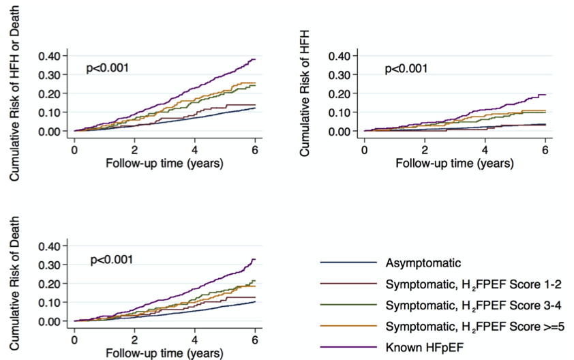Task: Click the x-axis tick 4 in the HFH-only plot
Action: pyautogui.click(x=485, y=149)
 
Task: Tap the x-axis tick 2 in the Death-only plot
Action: pyautogui.click(x=134, y=339)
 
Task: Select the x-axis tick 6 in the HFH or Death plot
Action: pyautogui.click(x=255, y=149)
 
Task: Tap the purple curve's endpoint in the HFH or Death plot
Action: pyautogui.click(x=255, y=59)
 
